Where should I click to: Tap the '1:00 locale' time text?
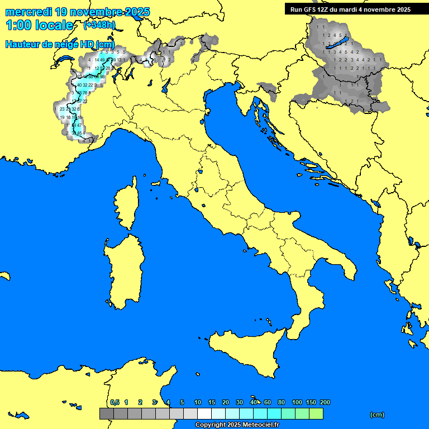[x=39, y=25]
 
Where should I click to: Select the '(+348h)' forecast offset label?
[x=99, y=25]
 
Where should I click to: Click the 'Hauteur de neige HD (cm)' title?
[x=60, y=44]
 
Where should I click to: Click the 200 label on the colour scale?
[x=325, y=402]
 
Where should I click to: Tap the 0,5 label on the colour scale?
[x=115, y=402]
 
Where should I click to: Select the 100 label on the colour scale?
[x=297, y=402]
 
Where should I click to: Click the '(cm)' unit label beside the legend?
[x=377, y=414]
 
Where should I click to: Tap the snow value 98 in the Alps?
[x=102, y=77]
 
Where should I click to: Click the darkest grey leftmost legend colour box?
[x=106, y=414]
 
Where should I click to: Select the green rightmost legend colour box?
[x=316, y=414]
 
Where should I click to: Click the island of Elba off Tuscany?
[x=157, y=183]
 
